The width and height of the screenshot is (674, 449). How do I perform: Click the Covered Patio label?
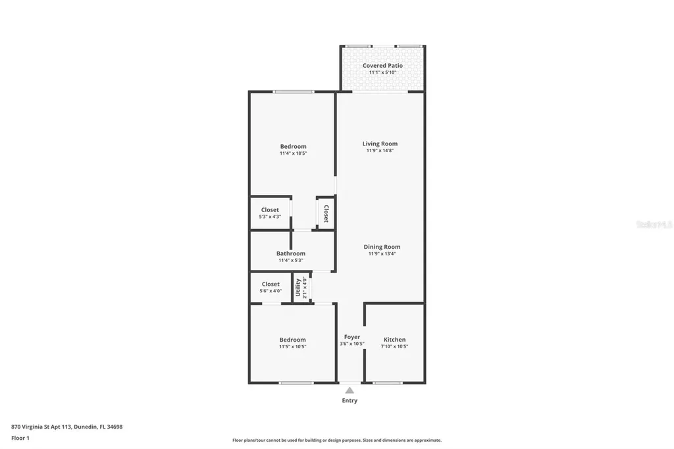[382, 66]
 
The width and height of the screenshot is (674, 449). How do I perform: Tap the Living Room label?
[380, 144]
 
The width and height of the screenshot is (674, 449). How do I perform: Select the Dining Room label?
[382, 247]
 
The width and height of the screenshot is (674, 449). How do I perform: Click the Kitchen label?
[394, 340]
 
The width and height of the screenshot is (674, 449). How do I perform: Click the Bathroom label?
[290, 253]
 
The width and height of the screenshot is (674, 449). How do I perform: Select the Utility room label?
[298, 288]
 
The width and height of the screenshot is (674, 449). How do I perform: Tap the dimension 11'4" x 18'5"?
[293, 153]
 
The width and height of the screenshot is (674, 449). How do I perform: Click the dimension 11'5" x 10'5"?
[292, 346]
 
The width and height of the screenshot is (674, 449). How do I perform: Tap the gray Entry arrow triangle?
[350, 390]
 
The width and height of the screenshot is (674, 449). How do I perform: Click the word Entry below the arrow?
[350, 400]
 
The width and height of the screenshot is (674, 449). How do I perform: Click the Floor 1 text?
[20, 438]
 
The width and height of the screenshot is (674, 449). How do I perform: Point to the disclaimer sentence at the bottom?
[336, 440]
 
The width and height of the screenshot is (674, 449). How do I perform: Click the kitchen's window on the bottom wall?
[388, 383]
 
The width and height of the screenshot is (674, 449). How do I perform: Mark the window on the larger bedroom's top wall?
[293, 92]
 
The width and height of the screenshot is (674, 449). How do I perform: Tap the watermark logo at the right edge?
[654, 224]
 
